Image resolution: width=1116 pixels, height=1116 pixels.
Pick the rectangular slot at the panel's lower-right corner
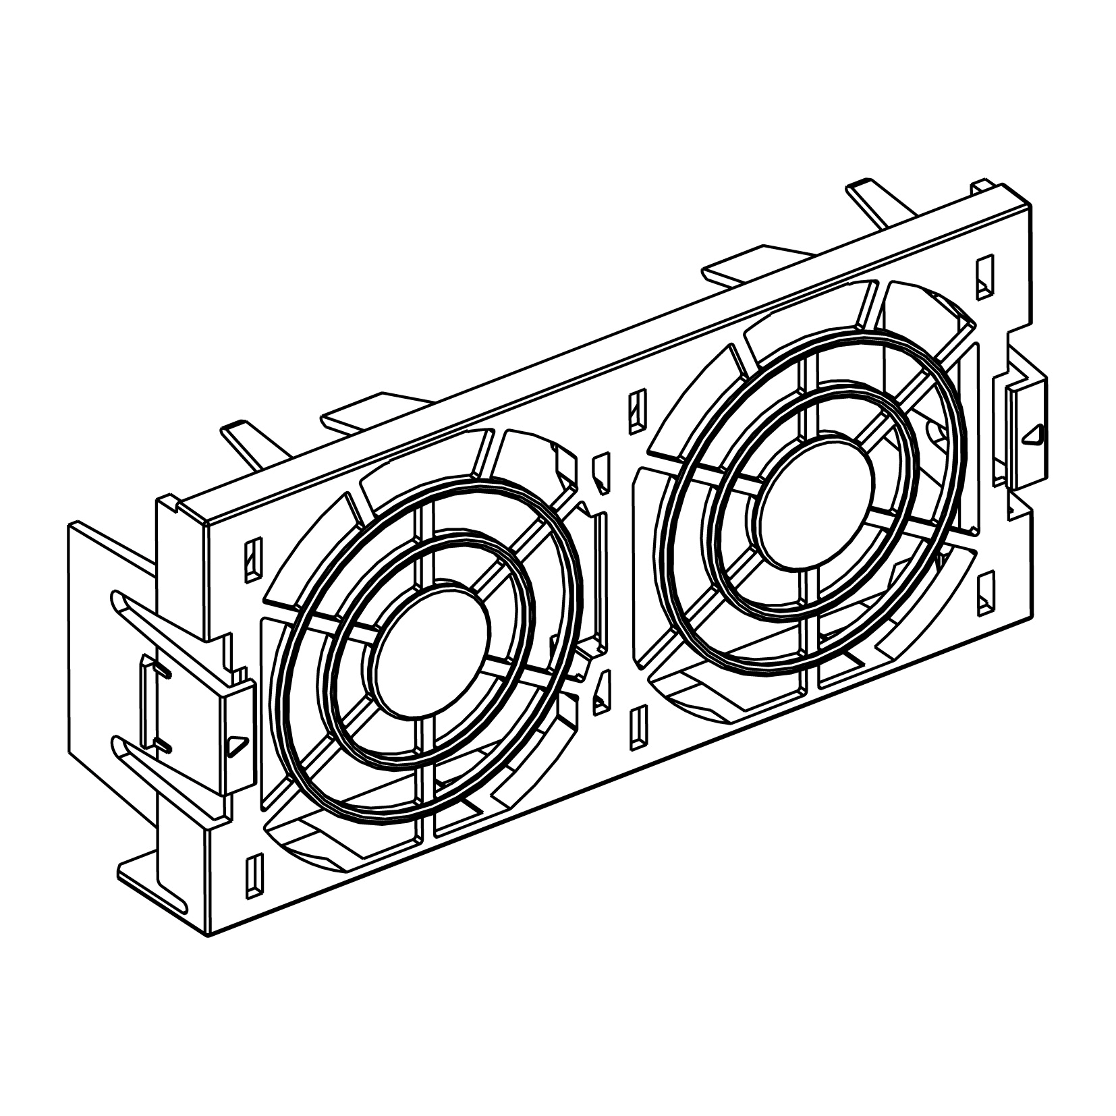click(986, 592)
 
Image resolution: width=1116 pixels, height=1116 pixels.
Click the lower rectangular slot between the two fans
click(636, 727)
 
